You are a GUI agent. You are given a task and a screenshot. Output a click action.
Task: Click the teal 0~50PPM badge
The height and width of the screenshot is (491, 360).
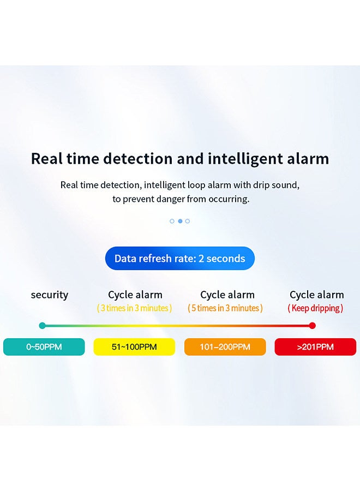click(x=44, y=346)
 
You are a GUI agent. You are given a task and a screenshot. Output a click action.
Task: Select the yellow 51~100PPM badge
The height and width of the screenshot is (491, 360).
click(x=134, y=346)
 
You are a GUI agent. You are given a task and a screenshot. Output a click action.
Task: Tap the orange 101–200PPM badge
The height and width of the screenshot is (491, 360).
click(x=225, y=346)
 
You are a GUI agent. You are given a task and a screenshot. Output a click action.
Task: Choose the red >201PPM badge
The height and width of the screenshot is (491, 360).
click(x=315, y=346)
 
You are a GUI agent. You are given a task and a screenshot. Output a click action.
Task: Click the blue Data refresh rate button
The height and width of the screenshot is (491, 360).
click(x=180, y=259)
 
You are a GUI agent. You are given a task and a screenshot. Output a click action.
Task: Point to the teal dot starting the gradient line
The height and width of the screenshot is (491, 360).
click(x=42, y=326)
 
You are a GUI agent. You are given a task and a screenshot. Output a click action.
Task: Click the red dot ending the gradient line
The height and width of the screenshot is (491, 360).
click(x=312, y=326)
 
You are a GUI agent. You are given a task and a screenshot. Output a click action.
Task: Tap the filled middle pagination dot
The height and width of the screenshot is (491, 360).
click(x=180, y=221)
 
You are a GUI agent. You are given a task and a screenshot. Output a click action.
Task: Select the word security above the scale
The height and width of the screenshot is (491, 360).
click(x=50, y=295)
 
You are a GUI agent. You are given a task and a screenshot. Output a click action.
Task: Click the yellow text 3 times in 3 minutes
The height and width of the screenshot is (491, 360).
click(x=135, y=308)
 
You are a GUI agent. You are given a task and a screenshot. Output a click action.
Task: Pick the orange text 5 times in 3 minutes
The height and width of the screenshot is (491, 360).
click(x=225, y=308)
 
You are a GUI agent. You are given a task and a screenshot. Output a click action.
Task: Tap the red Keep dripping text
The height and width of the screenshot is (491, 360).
click(x=316, y=308)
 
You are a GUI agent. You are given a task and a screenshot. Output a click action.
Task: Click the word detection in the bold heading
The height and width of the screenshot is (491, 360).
click(x=138, y=158)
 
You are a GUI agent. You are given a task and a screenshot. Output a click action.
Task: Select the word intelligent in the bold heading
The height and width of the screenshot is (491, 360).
click(x=245, y=159)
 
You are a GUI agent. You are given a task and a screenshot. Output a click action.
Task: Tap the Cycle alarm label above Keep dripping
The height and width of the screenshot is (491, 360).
click(x=317, y=295)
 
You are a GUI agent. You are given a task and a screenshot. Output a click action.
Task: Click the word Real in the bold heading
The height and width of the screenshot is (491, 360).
click(x=47, y=158)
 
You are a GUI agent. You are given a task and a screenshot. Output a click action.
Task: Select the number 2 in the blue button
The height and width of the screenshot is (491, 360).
click(x=201, y=259)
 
